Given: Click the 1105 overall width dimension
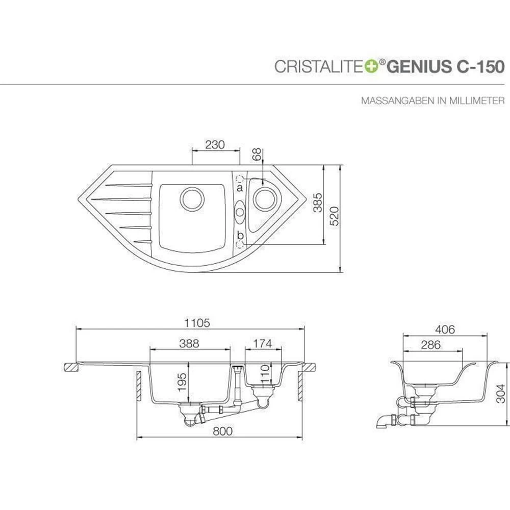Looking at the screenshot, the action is coord(197,323).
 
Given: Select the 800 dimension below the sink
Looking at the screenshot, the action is coord(222,431).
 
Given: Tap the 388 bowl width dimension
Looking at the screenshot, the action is coord(189,343).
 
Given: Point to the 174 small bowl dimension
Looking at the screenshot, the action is coord(263,343).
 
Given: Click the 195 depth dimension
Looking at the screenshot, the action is coord(182,381).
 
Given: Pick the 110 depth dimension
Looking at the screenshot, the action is coord(265,374).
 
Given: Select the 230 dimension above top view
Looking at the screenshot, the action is coord(215,144).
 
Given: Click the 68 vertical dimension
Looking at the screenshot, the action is coord(257,155).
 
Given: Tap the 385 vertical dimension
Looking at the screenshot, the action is coord(317,202).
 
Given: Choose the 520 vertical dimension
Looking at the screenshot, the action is coord(334,216).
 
